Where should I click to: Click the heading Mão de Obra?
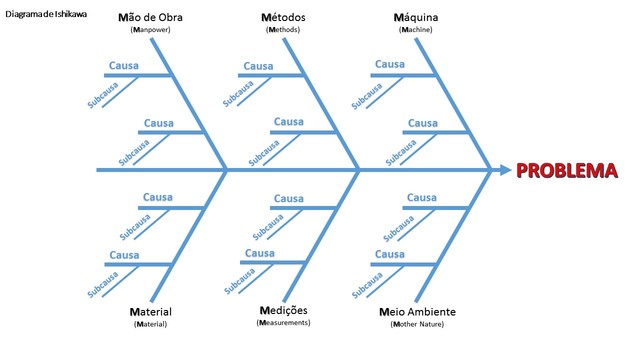tap(150, 18)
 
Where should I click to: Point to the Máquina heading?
tap(416, 18)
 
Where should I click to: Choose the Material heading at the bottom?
tap(151, 312)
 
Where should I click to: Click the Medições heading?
tap(283, 311)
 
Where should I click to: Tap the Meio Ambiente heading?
tap(417, 312)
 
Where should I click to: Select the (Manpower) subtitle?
tap(150, 31)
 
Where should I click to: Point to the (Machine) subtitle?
tap(416, 30)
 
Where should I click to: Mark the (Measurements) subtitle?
tap(283, 323)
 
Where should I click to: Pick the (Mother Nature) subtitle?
tap(417, 325)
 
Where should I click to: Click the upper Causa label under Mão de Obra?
tap(124, 66)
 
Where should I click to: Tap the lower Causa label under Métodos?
tap(289, 122)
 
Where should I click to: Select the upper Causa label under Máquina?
tap(390, 64)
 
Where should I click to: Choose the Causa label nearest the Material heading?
tap(124, 255)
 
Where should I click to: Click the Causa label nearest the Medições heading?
tap(259, 253)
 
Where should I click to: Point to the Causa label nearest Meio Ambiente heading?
tap(390, 254)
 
